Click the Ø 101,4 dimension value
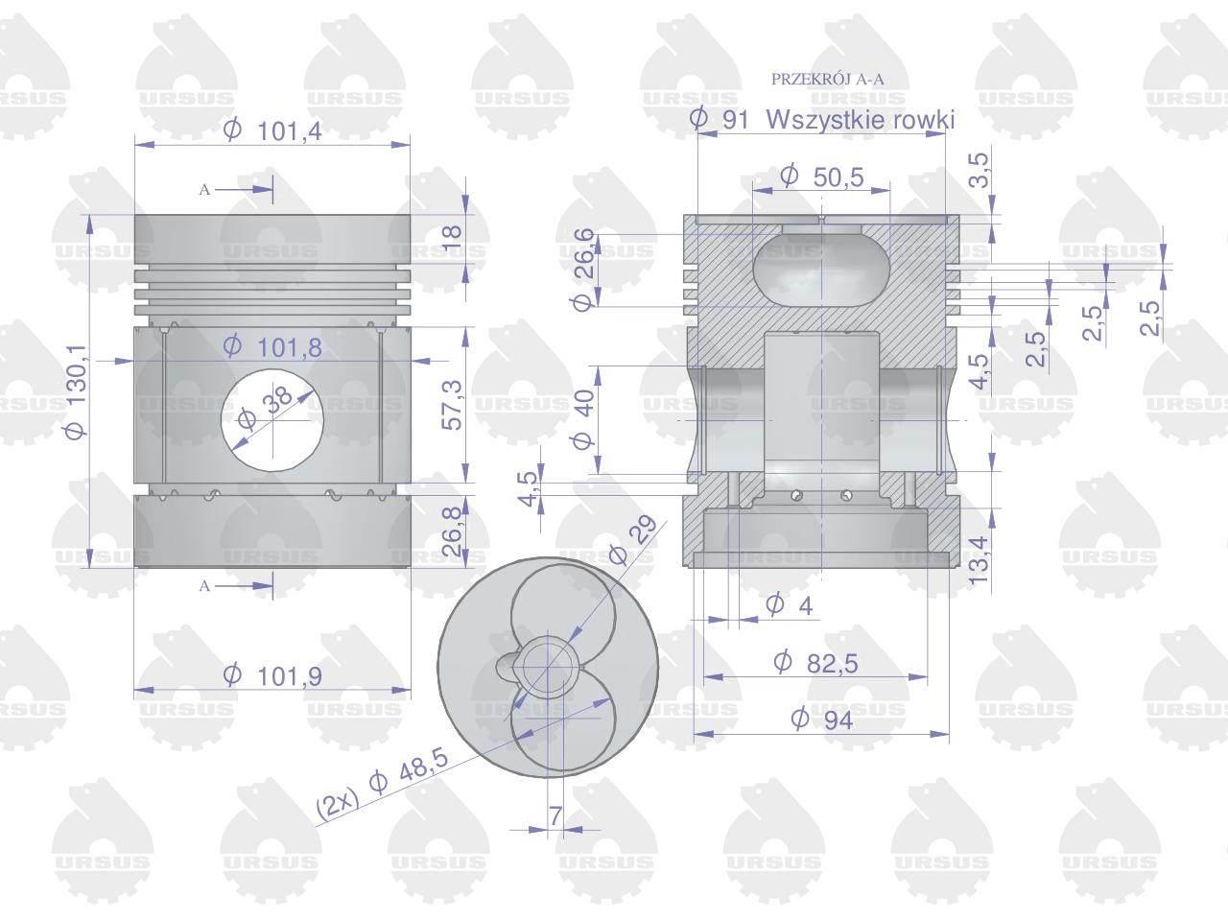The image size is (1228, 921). tap(272, 131)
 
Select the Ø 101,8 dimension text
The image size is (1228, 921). tap(272, 348)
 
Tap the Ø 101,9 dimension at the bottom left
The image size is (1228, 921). tap(272, 676)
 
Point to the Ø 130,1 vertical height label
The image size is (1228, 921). tap(77, 391)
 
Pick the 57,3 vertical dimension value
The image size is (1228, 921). tap(452, 404)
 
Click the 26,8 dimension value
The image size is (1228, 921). tap(452, 531)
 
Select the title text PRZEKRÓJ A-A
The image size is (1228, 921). tap(827, 80)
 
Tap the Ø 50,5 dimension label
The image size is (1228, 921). tap(822, 177)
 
